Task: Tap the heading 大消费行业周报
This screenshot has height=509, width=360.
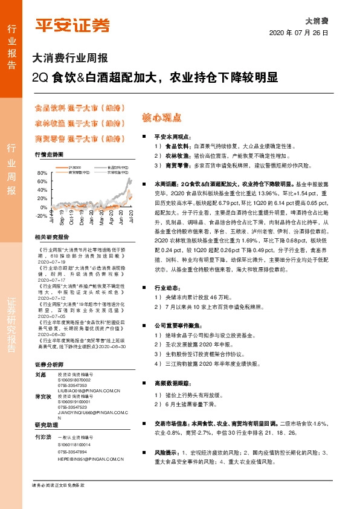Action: [70, 59]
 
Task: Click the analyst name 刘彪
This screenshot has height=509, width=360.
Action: [41, 375]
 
